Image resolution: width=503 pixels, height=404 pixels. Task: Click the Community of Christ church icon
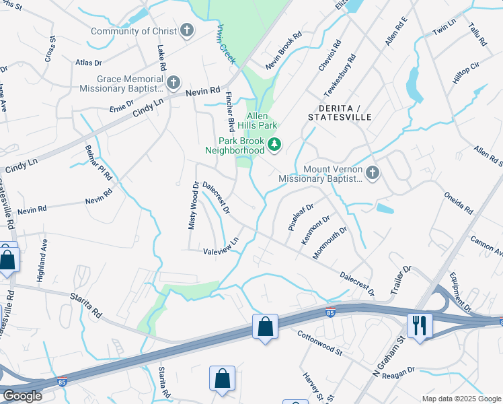click(x=186, y=30)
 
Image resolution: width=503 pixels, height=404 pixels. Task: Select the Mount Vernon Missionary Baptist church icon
click(x=372, y=174)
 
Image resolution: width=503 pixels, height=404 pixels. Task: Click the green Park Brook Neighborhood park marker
click(x=274, y=144)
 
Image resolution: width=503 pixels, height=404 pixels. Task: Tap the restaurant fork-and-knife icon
click(x=420, y=326)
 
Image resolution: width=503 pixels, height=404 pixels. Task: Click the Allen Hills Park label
click(x=262, y=121)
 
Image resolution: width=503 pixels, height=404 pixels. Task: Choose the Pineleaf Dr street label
click(x=301, y=217)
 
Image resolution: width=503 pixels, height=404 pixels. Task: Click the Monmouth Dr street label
click(x=329, y=242)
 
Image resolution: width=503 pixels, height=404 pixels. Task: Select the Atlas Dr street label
click(x=88, y=63)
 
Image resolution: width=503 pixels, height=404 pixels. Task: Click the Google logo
click(x=22, y=396)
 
